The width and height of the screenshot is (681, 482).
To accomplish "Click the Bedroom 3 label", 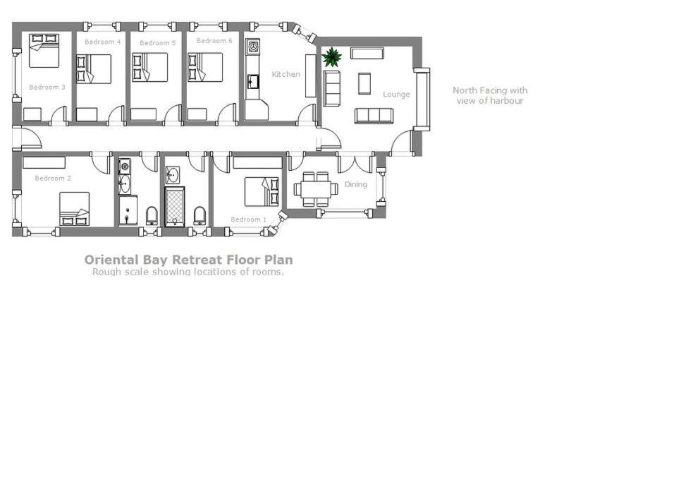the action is pyautogui.click(x=47, y=88).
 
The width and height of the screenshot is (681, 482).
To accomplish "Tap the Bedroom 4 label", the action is pyautogui.click(x=102, y=42).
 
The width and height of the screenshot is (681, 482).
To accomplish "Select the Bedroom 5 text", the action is pyautogui.click(x=158, y=43).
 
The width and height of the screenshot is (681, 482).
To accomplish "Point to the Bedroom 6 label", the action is pyautogui.click(x=214, y=41).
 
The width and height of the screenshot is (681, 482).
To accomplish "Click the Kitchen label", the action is pyautogui.click(x=286, y=74).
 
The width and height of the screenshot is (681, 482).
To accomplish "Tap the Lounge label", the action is pyautogui.click(x=396, y=95).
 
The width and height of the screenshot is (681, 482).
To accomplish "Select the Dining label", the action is pyautogui.click(x=356, y=184).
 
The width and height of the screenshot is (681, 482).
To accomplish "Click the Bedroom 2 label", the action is pyautogui.click(x=53, y=179).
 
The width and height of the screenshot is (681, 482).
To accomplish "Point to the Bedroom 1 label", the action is pyautogui.click(x=248, y=219).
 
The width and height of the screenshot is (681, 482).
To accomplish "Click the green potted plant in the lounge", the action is pyautogui.click(x=332, y=57).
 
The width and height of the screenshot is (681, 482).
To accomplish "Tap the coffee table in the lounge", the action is pyautogui.click(x=364, y=83).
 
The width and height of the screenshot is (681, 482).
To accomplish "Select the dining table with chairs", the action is pyautogui.click(x=316, y=189).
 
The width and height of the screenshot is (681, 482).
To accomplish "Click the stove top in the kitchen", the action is pyautogui.click(x=253, y=47).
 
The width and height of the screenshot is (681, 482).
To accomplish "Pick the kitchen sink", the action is pyautogui.click(x=253, y=82).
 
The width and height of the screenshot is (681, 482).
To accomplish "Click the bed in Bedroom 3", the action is pyautogui.click(x=44, y=51).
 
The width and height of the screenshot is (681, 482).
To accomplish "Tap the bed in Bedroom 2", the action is pyautogui.click(x=74, y=209).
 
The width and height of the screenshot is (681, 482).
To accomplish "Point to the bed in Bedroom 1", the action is pyautogui.click(x=262, y=191).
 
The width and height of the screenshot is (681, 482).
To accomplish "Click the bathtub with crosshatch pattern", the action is pyautogui.click(x=175, y=207).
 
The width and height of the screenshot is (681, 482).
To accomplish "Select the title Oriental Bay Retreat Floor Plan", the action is pyautogui.click(x=188, y=260).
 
